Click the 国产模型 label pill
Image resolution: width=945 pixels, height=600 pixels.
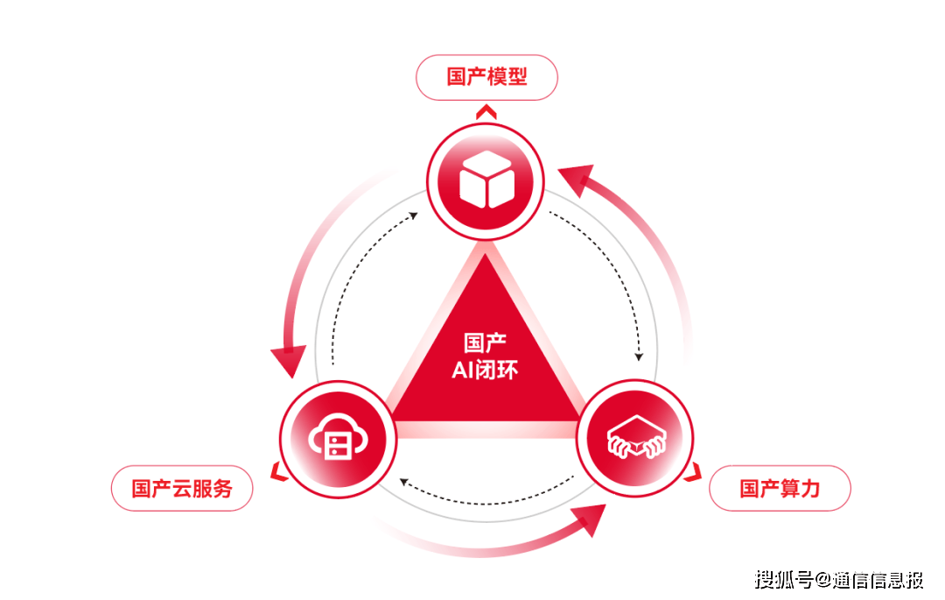click(x=486, y=77)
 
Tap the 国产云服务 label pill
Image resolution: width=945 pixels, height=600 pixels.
click(x=182, y=489)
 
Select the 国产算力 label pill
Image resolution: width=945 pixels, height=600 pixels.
click(x=780, y=489)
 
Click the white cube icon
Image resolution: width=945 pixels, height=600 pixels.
click(x=486, y=180)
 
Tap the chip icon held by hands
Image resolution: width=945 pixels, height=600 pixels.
click(x=635, y=436)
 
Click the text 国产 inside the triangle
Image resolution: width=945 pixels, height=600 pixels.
click(x=485, y=342)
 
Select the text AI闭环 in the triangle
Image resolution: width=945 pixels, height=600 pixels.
click(x=485, y=370)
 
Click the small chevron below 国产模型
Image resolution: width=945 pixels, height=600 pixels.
click(x=486, y=111)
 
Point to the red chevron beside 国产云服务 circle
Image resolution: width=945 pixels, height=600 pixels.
click(x=277, y=473)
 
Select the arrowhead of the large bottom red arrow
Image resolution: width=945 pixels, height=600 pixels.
click(x=590, y=519)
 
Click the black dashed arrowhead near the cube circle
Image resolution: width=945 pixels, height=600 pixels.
click(x=413, y=215)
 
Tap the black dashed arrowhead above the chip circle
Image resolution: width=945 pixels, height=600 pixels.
click(x=639, y=356)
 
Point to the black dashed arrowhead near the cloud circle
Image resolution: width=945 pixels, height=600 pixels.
click(x=404, y=482)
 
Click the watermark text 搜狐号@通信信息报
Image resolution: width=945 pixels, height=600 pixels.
click(x=839, y=580)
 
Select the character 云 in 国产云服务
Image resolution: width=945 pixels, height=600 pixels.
click(x=182, y=489)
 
